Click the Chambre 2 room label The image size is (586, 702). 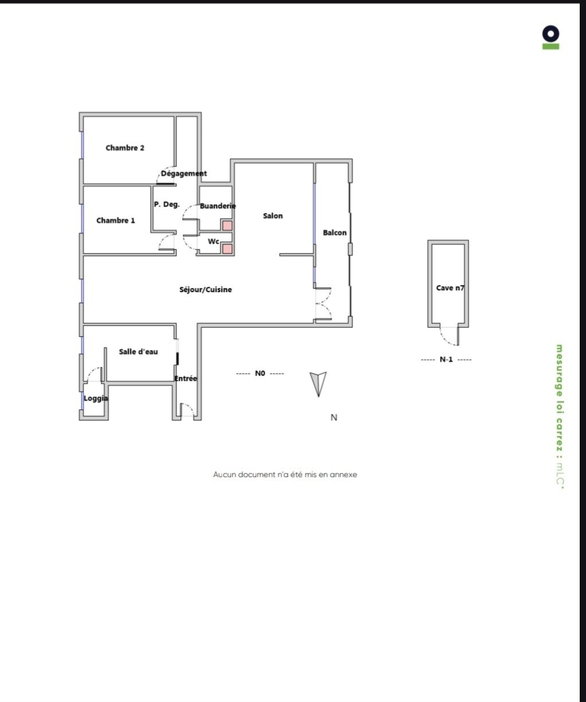[125, 148]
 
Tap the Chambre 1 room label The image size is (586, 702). [115, 220]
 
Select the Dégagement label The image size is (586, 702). [184, 174]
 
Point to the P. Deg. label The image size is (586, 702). [167, 204]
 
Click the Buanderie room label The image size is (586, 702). [218, 206]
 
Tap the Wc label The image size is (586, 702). [214, 242]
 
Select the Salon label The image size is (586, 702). [273, 216]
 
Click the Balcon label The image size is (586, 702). [335, 232]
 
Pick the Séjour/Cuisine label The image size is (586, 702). [206, 290]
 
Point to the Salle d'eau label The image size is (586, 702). [138, 352]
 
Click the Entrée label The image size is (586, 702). [186, 378]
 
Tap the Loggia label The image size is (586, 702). [96, 399]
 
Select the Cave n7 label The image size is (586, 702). [450, 288]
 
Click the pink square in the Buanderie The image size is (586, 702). [227, 226]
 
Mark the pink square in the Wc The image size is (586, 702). [227, 249]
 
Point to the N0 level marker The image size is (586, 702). [260, 373]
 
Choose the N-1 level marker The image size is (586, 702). [446, 360]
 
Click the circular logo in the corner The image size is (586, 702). [550, 34]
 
